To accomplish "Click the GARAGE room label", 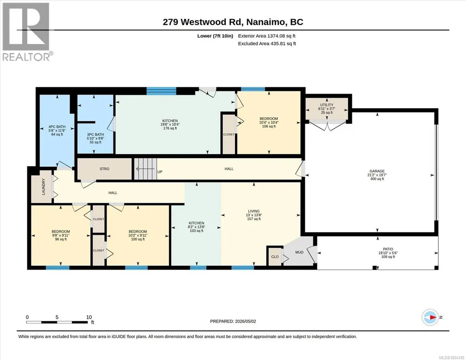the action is coord(377,171).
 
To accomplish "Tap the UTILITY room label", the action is coord(326,105).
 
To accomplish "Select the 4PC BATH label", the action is coord(57,127).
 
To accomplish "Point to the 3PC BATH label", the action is coord(95,135).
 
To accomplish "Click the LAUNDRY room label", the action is coord(43,186).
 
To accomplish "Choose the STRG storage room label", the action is coord(104,169).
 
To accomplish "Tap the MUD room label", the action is coord(299,252).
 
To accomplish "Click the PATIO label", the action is coord(388,249).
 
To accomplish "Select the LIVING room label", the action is coord(254,211).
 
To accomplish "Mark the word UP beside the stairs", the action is coord(160,172).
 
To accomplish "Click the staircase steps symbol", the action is coord(145,169).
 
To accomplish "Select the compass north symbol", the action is coord(430,317).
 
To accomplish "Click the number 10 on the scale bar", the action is coord(89,317).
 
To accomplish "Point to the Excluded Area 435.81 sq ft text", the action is coord(267,43).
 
